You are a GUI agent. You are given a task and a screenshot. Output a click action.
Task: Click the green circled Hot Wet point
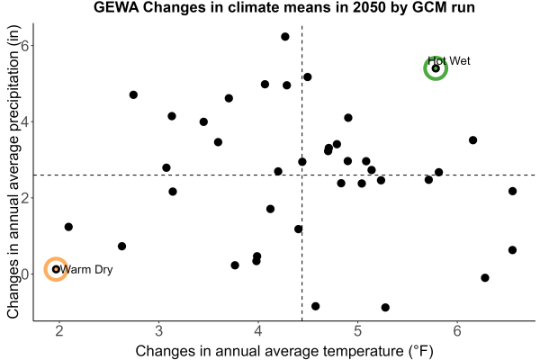coord(436,68)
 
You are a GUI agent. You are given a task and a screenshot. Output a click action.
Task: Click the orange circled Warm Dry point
coord(56,269)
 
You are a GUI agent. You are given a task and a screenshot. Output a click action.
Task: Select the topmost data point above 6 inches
coord(284,37)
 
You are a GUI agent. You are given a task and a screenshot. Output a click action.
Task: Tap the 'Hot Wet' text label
coord(449,61)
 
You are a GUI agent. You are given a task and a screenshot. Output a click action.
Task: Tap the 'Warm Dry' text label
coord(86,269)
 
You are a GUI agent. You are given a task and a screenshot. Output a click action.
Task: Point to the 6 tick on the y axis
coord(25,45)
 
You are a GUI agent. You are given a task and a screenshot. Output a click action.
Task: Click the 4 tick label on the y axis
coord(25,121)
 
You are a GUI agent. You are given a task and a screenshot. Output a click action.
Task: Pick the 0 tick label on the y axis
coord(25,274)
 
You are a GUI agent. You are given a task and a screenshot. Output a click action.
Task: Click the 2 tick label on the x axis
coord(59,331)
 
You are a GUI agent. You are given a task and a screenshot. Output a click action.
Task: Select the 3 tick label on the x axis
coord(158,331)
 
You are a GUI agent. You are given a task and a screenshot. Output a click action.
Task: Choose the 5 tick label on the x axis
coord(358,331)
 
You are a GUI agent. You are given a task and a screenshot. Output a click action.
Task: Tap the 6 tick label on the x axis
coord(457,331)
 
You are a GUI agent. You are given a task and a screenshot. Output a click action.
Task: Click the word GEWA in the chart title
coord(116,7)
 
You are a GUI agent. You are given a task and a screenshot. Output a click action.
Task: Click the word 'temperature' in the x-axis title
coord(364,351)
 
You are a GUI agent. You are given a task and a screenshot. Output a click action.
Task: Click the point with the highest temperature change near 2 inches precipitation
coord(512,191)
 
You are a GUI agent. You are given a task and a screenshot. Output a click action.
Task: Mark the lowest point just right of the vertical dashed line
coord(315,306)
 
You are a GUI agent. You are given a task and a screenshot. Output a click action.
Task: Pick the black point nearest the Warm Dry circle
coord(68,227)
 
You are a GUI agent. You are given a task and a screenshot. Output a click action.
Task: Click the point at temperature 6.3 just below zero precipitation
coord(485,278)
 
